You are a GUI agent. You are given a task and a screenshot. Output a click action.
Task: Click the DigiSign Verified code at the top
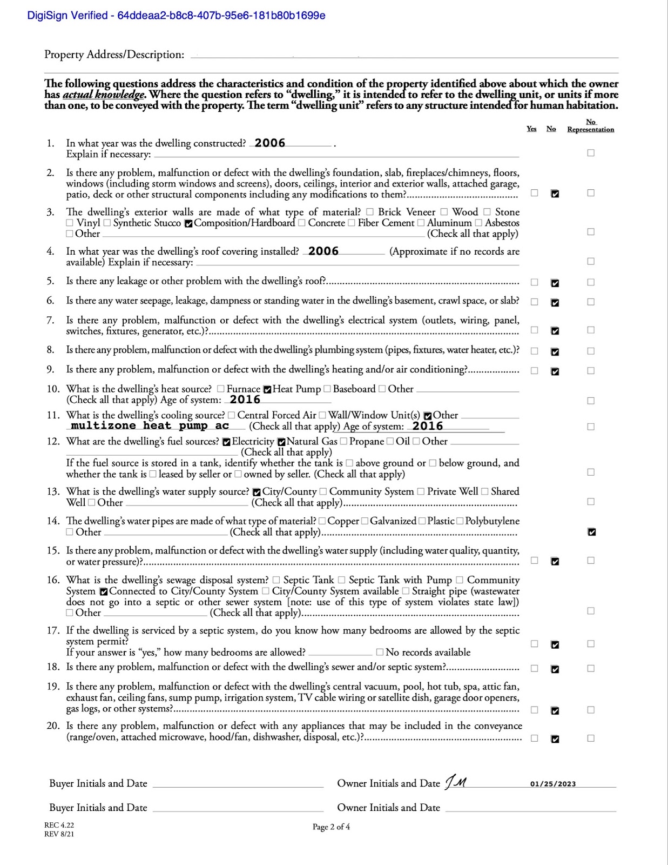176,15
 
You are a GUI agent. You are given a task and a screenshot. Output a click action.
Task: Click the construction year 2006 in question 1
270,143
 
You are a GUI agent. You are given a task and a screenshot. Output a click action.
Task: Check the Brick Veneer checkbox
370,212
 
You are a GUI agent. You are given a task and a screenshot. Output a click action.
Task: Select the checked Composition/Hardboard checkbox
188,223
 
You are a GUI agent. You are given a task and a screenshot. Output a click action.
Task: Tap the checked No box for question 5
555,283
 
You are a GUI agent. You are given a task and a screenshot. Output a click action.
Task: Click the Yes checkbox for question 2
534,193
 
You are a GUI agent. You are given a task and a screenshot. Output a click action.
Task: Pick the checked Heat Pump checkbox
267,389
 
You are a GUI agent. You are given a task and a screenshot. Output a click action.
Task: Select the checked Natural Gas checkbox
281,442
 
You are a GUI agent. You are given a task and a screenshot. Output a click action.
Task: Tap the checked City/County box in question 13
257,492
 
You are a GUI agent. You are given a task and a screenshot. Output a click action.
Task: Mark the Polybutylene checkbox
460,521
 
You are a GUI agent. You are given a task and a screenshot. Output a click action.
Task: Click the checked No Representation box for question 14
591,532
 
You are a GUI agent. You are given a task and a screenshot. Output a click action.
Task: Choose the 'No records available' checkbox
380,653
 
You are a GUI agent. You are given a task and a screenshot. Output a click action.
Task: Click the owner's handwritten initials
456,782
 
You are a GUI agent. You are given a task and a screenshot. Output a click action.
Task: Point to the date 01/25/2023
552,784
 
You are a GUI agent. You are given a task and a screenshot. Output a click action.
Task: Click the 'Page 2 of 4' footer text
331,827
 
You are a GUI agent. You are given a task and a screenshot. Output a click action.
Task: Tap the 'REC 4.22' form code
59,825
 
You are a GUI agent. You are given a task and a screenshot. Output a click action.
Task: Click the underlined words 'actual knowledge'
104,95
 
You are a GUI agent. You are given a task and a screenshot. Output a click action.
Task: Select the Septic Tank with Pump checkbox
342,580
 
